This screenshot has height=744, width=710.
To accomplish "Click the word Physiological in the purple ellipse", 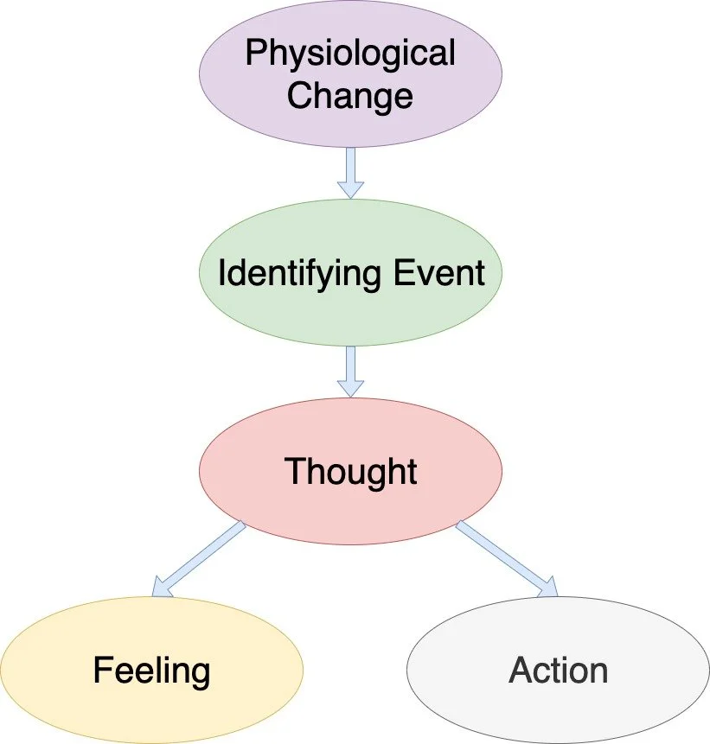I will click(349, 54).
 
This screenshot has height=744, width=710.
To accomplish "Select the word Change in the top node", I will click(349, 94).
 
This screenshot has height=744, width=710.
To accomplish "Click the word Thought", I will click(350, 472).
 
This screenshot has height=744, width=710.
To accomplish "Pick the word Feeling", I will click(151, 671).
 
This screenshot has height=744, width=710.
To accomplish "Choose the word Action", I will click(558, 671).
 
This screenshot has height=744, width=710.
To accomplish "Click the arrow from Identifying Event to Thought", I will click(350, 368).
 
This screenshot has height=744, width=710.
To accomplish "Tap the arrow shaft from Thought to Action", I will click(500, 555).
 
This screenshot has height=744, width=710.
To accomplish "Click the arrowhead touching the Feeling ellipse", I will click(163, 588).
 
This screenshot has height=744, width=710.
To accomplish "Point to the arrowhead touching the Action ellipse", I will click(547, 588).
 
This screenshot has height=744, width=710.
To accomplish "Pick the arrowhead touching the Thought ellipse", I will click(350, 386).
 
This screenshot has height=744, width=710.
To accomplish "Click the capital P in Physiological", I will click(255, 54).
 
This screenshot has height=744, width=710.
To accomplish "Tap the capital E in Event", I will click(399, 274).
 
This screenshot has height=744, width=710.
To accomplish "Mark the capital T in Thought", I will click(295, 472).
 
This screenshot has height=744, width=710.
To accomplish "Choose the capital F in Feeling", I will click(101, 671).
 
